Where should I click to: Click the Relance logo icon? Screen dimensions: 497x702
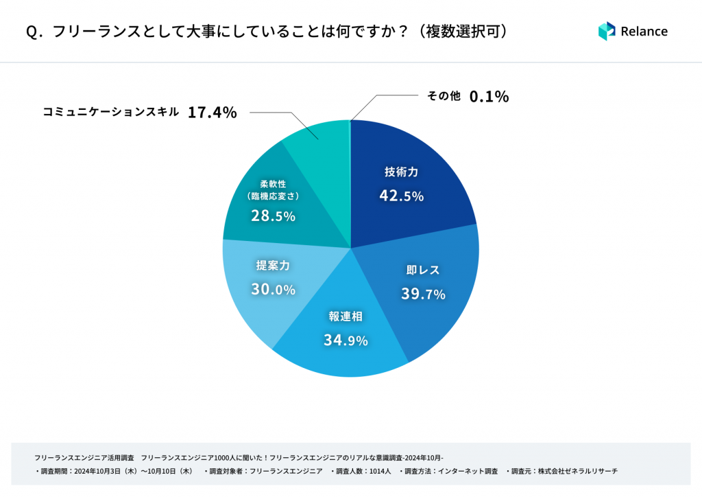coord(607,31)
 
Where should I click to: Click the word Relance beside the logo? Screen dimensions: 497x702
coord(644,31)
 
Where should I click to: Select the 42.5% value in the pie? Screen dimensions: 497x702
coord(401,196)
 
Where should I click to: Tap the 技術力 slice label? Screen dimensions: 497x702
coord(401,172)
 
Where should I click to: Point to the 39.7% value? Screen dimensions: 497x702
coord(423,294)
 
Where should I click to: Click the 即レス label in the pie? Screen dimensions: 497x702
coord(423,270)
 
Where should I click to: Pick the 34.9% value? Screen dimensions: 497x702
coord(346,340)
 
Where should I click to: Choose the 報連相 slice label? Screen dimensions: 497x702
coord(346,316)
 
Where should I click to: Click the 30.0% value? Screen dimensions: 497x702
coord(273,290)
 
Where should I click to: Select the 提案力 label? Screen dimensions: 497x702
coord(273,266)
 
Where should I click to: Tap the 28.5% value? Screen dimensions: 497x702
coord(273,216)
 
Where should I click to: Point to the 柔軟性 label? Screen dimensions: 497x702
coord(273,183)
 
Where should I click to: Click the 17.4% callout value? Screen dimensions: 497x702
coord(212,113)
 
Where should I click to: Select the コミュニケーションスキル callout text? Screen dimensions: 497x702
coord(111,112)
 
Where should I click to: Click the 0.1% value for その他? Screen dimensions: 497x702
coord(489,97)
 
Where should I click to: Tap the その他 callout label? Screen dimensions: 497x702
coord(444,96)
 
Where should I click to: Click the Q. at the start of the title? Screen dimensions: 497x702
coord(34,32)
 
